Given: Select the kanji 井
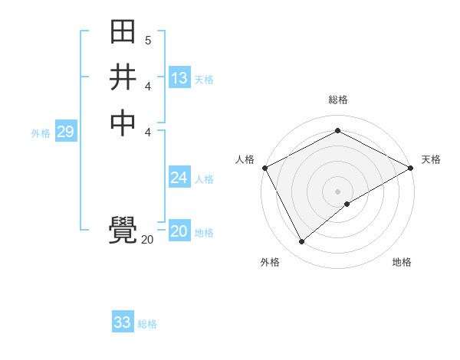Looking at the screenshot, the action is pyautogui.click(x=123, y=78).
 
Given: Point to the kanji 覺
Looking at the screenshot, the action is pyautogui.click(x=123, y=231).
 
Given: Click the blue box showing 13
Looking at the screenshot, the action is pyautogui.click(x=179, y=78).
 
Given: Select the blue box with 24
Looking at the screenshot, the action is pyautogui.click(x=179, y=178).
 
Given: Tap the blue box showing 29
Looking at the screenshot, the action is pyautogui.click(x=65, y=132).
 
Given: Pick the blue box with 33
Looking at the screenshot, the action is pyautogui.click(x=123, y=322).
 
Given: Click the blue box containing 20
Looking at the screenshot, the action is pyautogui.click(x=179, y=231).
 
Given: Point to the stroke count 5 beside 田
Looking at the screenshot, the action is pyautogui.click(x=148, y=39).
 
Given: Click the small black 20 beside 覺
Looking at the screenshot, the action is pyautogui.click(x=147, y=240).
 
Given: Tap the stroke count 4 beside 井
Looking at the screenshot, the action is pyautogui.click(x=148, y=87).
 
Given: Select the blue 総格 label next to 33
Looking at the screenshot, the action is pyautogui.click(x=147, y=324).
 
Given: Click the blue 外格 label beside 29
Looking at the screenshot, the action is pyautogui.click(x=41, y=133).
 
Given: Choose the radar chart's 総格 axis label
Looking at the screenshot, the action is pyautogui.click(x=337, y=100).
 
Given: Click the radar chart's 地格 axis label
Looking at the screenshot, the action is pyautogui.click(x=402, y=262).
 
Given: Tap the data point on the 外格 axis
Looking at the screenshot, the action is pyautogui.click(x=301, y=242).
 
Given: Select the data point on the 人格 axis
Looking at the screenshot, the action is pyautogui.click(x=264, y=168).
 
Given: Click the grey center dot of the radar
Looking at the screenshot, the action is pyautogui.click(x=337, y=191).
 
